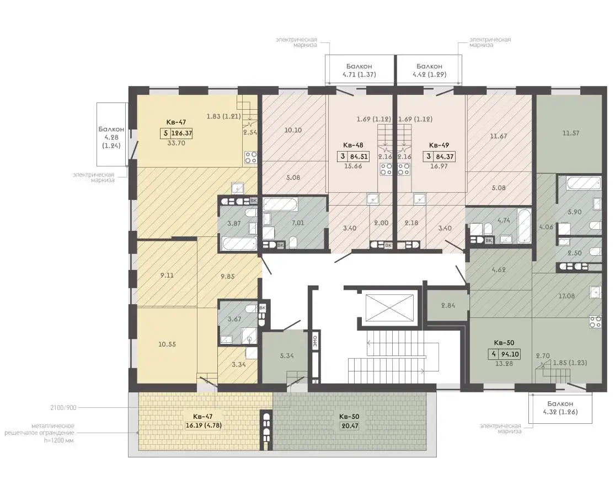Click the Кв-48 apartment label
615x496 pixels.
[x=354, y=145]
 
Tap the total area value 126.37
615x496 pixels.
[x=182, y=133]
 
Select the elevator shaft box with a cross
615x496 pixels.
[x=389, y=308]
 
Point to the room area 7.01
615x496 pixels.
[x=298, y=223]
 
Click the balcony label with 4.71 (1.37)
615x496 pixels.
[x=359, y=71]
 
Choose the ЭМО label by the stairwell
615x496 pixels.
[x=315, y=340]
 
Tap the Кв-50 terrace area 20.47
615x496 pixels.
[x=350, y=425]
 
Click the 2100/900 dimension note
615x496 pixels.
[x=63, y=408]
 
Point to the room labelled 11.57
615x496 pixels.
[x=571, y=133]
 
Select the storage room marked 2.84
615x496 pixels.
[x=448, y=305]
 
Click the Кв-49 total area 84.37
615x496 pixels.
[x=445, y=157]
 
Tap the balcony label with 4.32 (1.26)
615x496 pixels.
[x=560, y=408]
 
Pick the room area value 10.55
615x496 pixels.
[x=167, y=344]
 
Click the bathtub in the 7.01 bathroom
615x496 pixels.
[x=280, y=204]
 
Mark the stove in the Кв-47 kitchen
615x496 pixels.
[x=251, y=158]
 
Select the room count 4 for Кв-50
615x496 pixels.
[x=494, y=354]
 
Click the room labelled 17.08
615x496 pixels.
[x=567, y=296]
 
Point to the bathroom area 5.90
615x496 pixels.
[x=575, y=212]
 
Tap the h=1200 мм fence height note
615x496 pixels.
[x=59, y=440]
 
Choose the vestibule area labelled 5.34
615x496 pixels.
[x=287, y=355]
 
